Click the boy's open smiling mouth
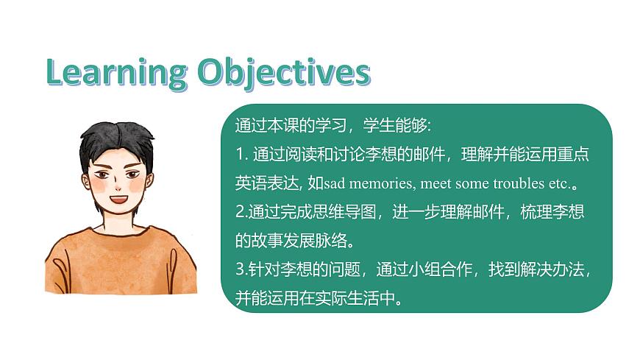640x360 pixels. click(118, 199)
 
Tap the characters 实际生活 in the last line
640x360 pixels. click(344, 299)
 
